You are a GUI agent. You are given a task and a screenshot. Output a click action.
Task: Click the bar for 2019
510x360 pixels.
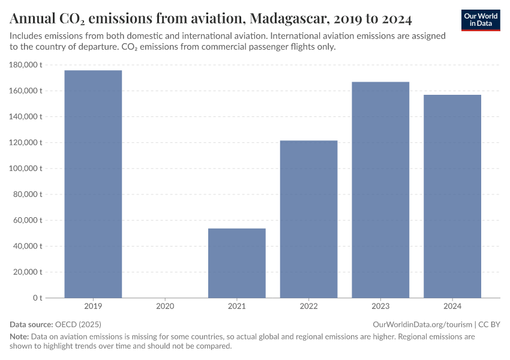click(93, 184)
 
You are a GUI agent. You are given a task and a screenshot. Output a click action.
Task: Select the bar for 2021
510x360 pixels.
click(236, 263)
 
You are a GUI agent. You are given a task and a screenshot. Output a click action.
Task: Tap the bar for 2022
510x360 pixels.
click(308, 219)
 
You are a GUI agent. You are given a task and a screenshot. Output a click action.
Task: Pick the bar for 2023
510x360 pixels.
click(380, 190)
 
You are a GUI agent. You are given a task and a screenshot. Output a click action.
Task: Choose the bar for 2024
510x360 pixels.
click(452, 196)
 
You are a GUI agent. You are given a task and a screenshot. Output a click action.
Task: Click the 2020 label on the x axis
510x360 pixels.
click(165, 307)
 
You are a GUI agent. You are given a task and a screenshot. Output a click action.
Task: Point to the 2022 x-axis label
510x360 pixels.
click(308, 307)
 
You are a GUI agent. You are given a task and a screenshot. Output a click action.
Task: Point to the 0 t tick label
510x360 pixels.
click(37, 298)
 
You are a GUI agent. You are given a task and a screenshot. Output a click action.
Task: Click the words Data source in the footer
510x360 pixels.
click(31, 324)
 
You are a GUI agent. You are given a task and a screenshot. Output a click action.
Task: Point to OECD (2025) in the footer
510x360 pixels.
click(78, 324)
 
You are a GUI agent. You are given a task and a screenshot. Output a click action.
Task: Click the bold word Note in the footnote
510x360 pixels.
click(19, 337)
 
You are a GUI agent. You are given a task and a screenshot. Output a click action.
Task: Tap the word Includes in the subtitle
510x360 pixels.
click(28, 36)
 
